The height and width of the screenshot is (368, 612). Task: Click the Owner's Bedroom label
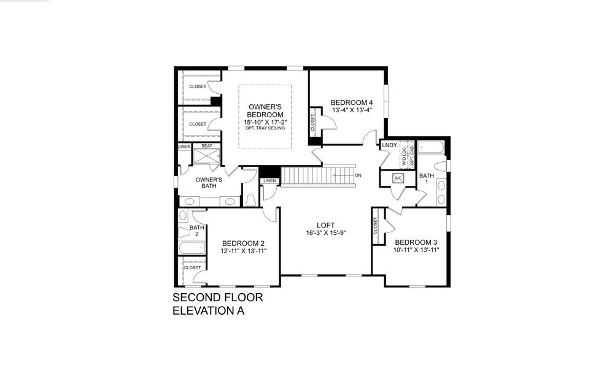tap(265, 111)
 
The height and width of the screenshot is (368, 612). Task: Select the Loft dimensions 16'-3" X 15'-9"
tap(326, 233)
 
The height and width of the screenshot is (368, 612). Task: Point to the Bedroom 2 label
tap(243, 243)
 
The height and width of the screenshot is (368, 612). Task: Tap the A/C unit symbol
tap(398, 178)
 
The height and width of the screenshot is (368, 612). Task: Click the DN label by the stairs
tap(358, 175)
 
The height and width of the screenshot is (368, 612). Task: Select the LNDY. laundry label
tap(390, 145)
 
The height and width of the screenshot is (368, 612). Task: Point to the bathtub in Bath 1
tap(430, 148)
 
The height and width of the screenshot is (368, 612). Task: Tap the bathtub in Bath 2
tap(192, 248)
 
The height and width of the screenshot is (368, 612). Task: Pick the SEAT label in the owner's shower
tap(207, 146)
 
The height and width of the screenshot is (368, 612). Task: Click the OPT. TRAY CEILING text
tap(265, 128)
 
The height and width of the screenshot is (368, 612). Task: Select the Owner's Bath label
tap(209, 183)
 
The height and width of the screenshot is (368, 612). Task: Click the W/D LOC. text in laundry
tap(405, 155)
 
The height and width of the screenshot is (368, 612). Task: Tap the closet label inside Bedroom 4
tap(312, 123)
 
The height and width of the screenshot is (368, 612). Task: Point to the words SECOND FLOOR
tap(218, 297)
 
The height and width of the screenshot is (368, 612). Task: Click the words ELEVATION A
tap(209, 311)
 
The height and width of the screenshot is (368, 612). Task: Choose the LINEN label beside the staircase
tap(269, 181)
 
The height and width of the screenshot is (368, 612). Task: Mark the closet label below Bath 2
tap(192, 268)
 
